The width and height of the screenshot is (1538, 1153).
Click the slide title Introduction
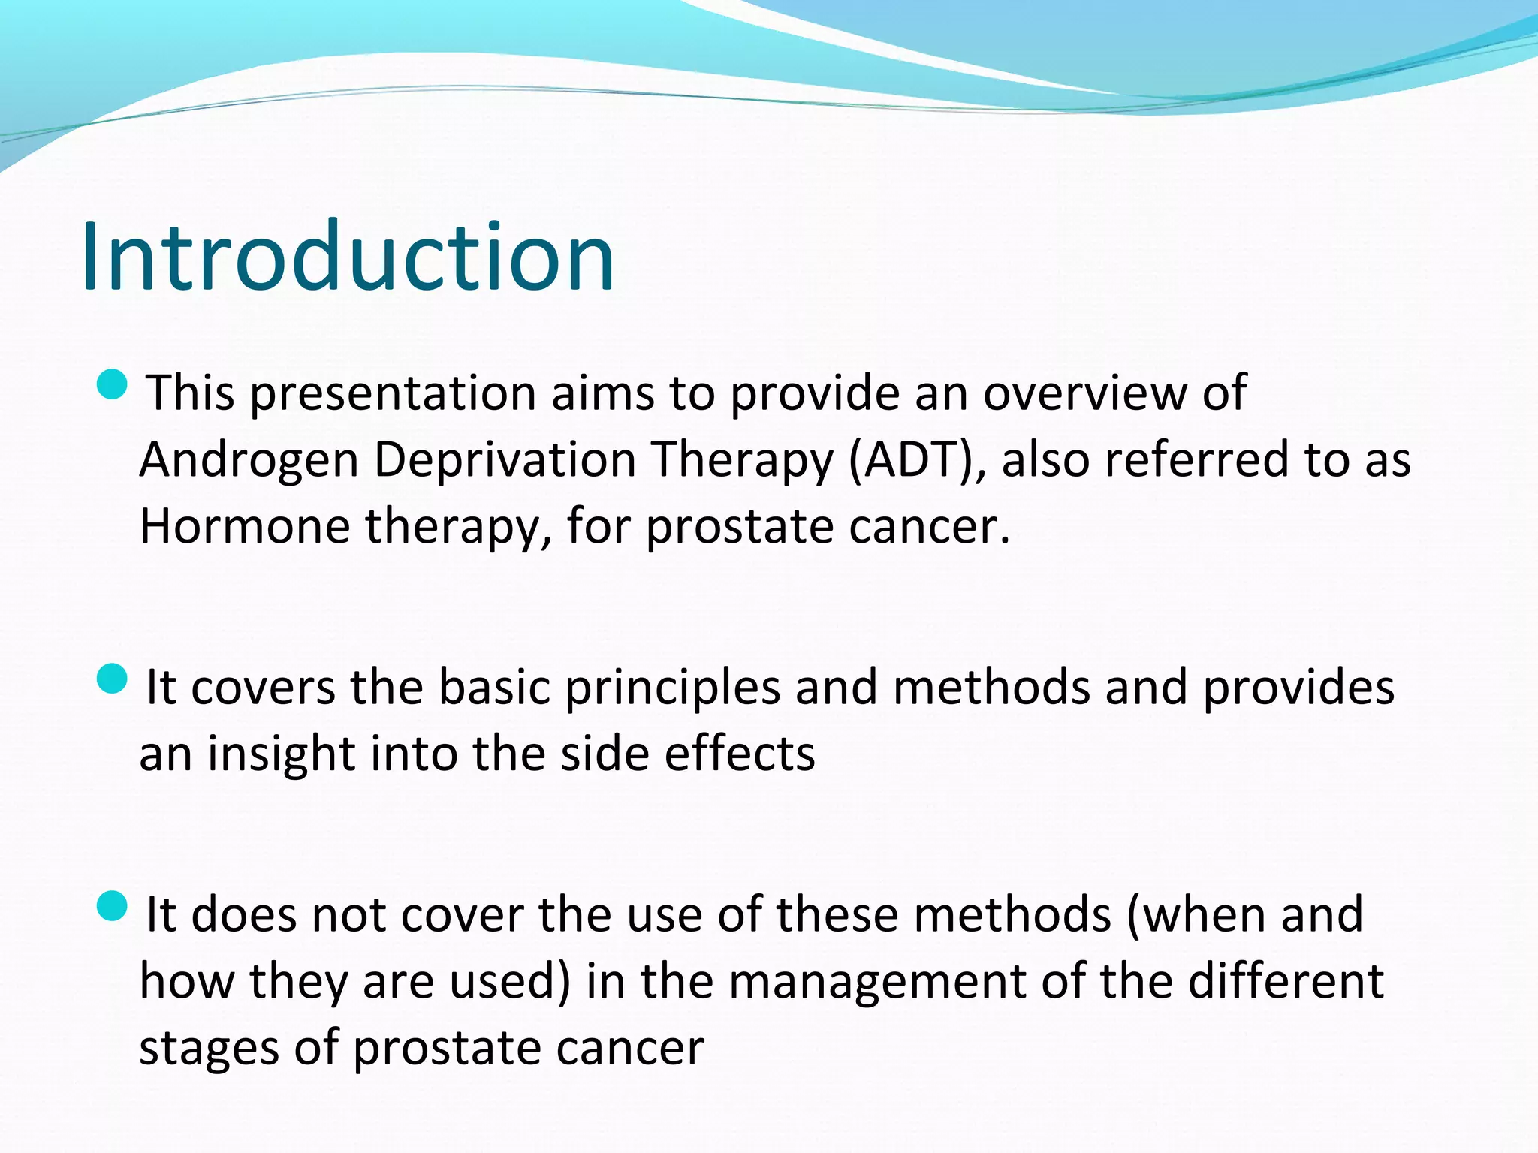[x=348, y=257]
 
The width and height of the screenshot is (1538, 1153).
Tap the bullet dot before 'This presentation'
[x=113, y=384]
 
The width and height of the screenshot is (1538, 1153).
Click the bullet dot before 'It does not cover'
[x=113, y=906]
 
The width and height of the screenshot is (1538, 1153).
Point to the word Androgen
[x=249, y=460]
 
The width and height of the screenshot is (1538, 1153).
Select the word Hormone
[x=244, y=526]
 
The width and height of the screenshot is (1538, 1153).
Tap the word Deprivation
[x=505, y=460]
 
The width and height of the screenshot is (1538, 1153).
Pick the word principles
[x=672, y=688]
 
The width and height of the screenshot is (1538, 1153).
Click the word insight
[x=281, y=754]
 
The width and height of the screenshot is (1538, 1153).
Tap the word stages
[x=209, y=1049]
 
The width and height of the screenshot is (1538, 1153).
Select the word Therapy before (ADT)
[x=742, y=460]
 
